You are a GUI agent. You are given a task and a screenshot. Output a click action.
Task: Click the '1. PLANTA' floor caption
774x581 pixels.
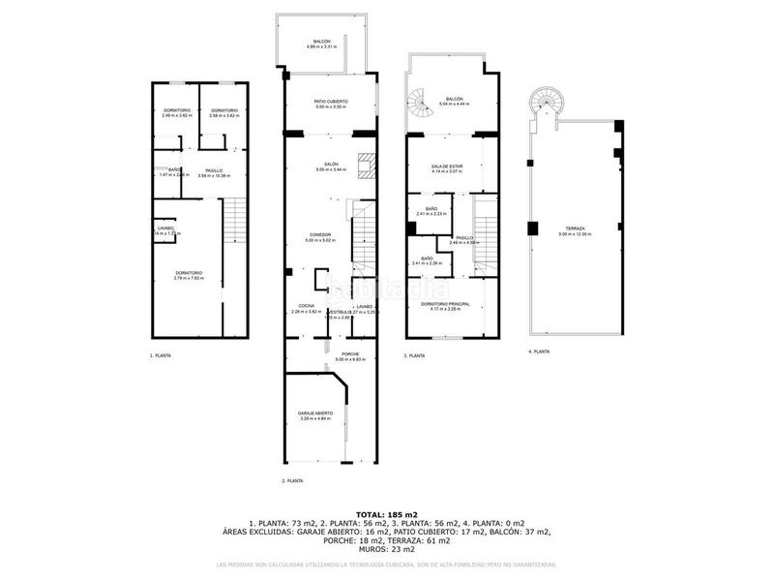[x=161, y=356]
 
